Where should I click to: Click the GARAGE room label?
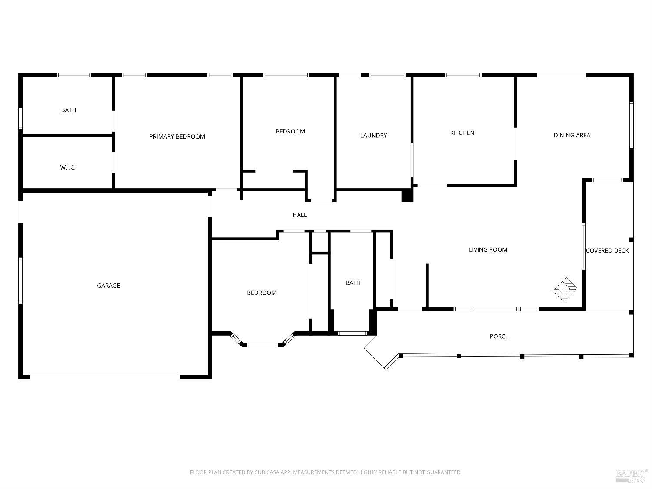click(108, 286)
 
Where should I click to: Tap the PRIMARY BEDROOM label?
click(177, 136)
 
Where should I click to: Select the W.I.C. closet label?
click(68, 167)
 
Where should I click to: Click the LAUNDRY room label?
click(373, 136)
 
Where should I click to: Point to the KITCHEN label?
click(462, 133)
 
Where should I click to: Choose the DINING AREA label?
click(572, 135)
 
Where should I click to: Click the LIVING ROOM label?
click(488, 249)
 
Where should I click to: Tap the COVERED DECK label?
click(607, 250)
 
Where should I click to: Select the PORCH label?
click(499, 336)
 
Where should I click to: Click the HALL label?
click(299, 215)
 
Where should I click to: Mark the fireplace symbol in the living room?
click(565, 289)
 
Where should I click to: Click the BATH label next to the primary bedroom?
click(69, 110)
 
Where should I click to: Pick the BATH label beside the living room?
click(353, 283)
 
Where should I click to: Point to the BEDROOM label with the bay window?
click(262, 293)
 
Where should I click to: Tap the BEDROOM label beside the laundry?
click(290, 131)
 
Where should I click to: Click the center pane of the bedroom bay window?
click(263, 345)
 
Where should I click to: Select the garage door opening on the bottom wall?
click(105, 377)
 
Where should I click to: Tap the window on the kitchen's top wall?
click(463, 75)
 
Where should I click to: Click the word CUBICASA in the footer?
click(265, 472)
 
